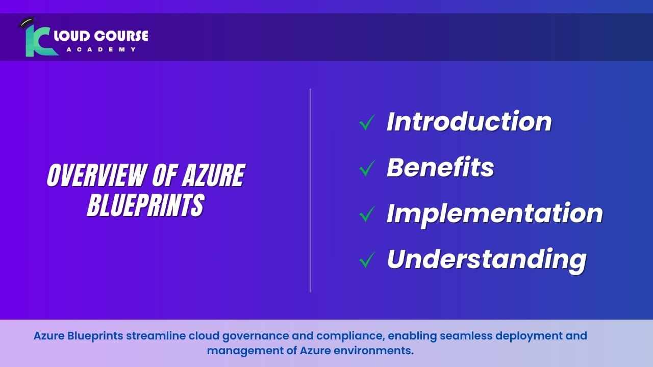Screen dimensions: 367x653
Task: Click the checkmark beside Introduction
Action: pos(367,122)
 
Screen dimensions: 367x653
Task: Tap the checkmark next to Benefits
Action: pos(367,168)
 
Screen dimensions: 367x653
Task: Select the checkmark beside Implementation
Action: pos(367,214)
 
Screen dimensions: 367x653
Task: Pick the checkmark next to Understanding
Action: pos(367,260)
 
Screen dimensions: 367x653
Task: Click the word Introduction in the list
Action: pos(469,121)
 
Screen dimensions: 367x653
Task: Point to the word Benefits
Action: pos(440,167)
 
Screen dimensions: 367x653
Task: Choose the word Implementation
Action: pos(494,213)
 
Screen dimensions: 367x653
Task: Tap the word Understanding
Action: pos(486,259)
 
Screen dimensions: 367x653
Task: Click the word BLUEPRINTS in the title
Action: pos(145,205)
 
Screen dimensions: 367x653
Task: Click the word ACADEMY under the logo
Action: pos(101,49)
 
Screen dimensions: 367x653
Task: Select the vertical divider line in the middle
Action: pos(310,190)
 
